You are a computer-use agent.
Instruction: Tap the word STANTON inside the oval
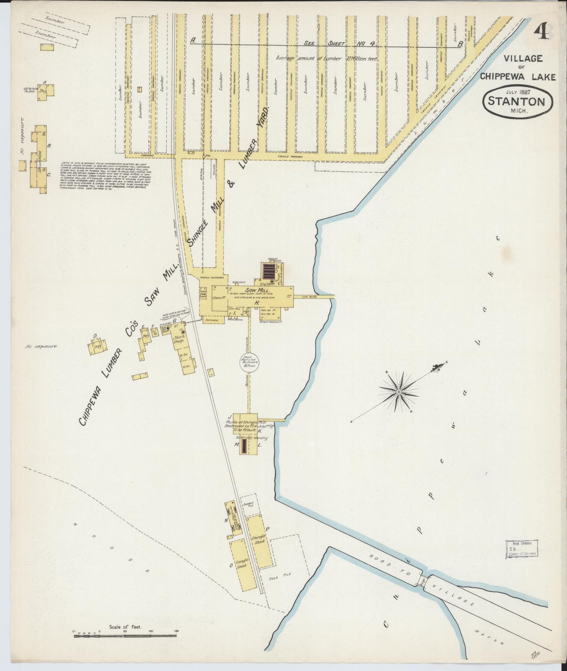tap(516, 102)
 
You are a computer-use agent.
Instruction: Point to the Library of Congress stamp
tap(521, 549)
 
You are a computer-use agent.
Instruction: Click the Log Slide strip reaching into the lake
tap(314, 297)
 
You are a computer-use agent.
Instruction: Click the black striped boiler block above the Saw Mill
tap(269, 270)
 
